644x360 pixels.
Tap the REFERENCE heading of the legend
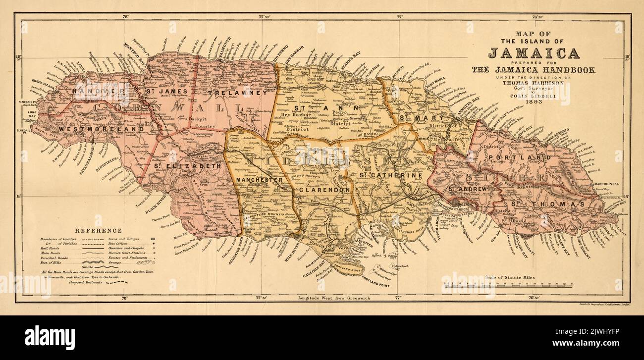click(98, 230)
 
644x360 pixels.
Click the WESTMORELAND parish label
click(102, 129)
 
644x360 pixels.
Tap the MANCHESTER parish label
click(259, 179)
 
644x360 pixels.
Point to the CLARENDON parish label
click(324, 189)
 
